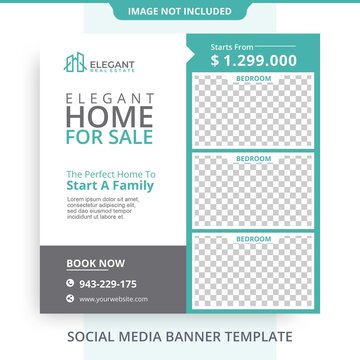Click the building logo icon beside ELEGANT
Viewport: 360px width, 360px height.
pyautogui.click(x=75, y=63)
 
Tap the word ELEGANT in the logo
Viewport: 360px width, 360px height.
pyautogui.click(x=112, y=60)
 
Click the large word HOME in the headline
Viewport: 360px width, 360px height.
pyautogui.click(x=110, y=116)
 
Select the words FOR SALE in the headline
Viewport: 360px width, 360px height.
pyautogui.click(x=110, y=136)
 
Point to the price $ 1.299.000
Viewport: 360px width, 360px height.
pyautogui.click(x=253, y=60)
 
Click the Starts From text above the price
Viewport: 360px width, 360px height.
pyautogui.click(x=232, y=46)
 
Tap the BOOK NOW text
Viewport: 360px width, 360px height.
pyautogui.click(x=96, y=264)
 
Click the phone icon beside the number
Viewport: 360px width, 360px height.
pyautogui.click(x=70, y=283)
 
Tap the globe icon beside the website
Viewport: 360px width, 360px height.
pyautogui.click(x=70, y=298)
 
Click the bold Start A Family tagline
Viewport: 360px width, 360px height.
pyautogui.click(x=110, y=186)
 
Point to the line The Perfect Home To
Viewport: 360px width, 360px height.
pyautogui.click(x=110, y=173)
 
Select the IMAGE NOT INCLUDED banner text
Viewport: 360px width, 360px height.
pyautogui.click(x=180, y=11)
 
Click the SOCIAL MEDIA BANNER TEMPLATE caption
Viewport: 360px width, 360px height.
pyautogui.click(x=180, y=337)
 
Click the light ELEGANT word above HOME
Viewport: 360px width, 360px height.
pyautogui.click(x=110, y=98)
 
